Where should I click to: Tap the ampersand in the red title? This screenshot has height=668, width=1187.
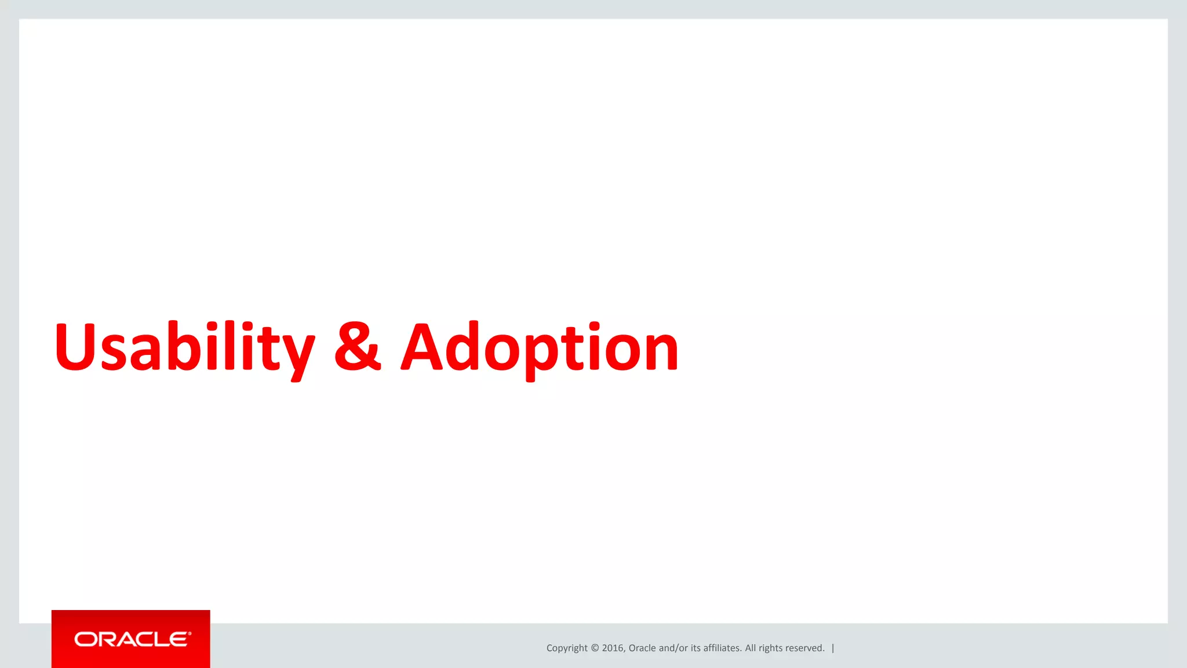point(358,347)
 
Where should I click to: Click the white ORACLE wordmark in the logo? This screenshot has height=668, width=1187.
point(132,639)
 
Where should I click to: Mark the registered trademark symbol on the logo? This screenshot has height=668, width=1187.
point(189,634)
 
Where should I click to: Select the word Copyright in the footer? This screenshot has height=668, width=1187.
point(567,648)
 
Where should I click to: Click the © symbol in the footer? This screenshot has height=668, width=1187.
point(595,648)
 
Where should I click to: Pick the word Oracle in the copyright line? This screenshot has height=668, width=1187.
point(642,648)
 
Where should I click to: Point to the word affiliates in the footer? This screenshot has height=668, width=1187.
point(722,648)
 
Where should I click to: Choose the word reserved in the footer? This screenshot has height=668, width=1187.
point(804,648)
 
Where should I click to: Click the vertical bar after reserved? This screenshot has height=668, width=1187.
point(833,648)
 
